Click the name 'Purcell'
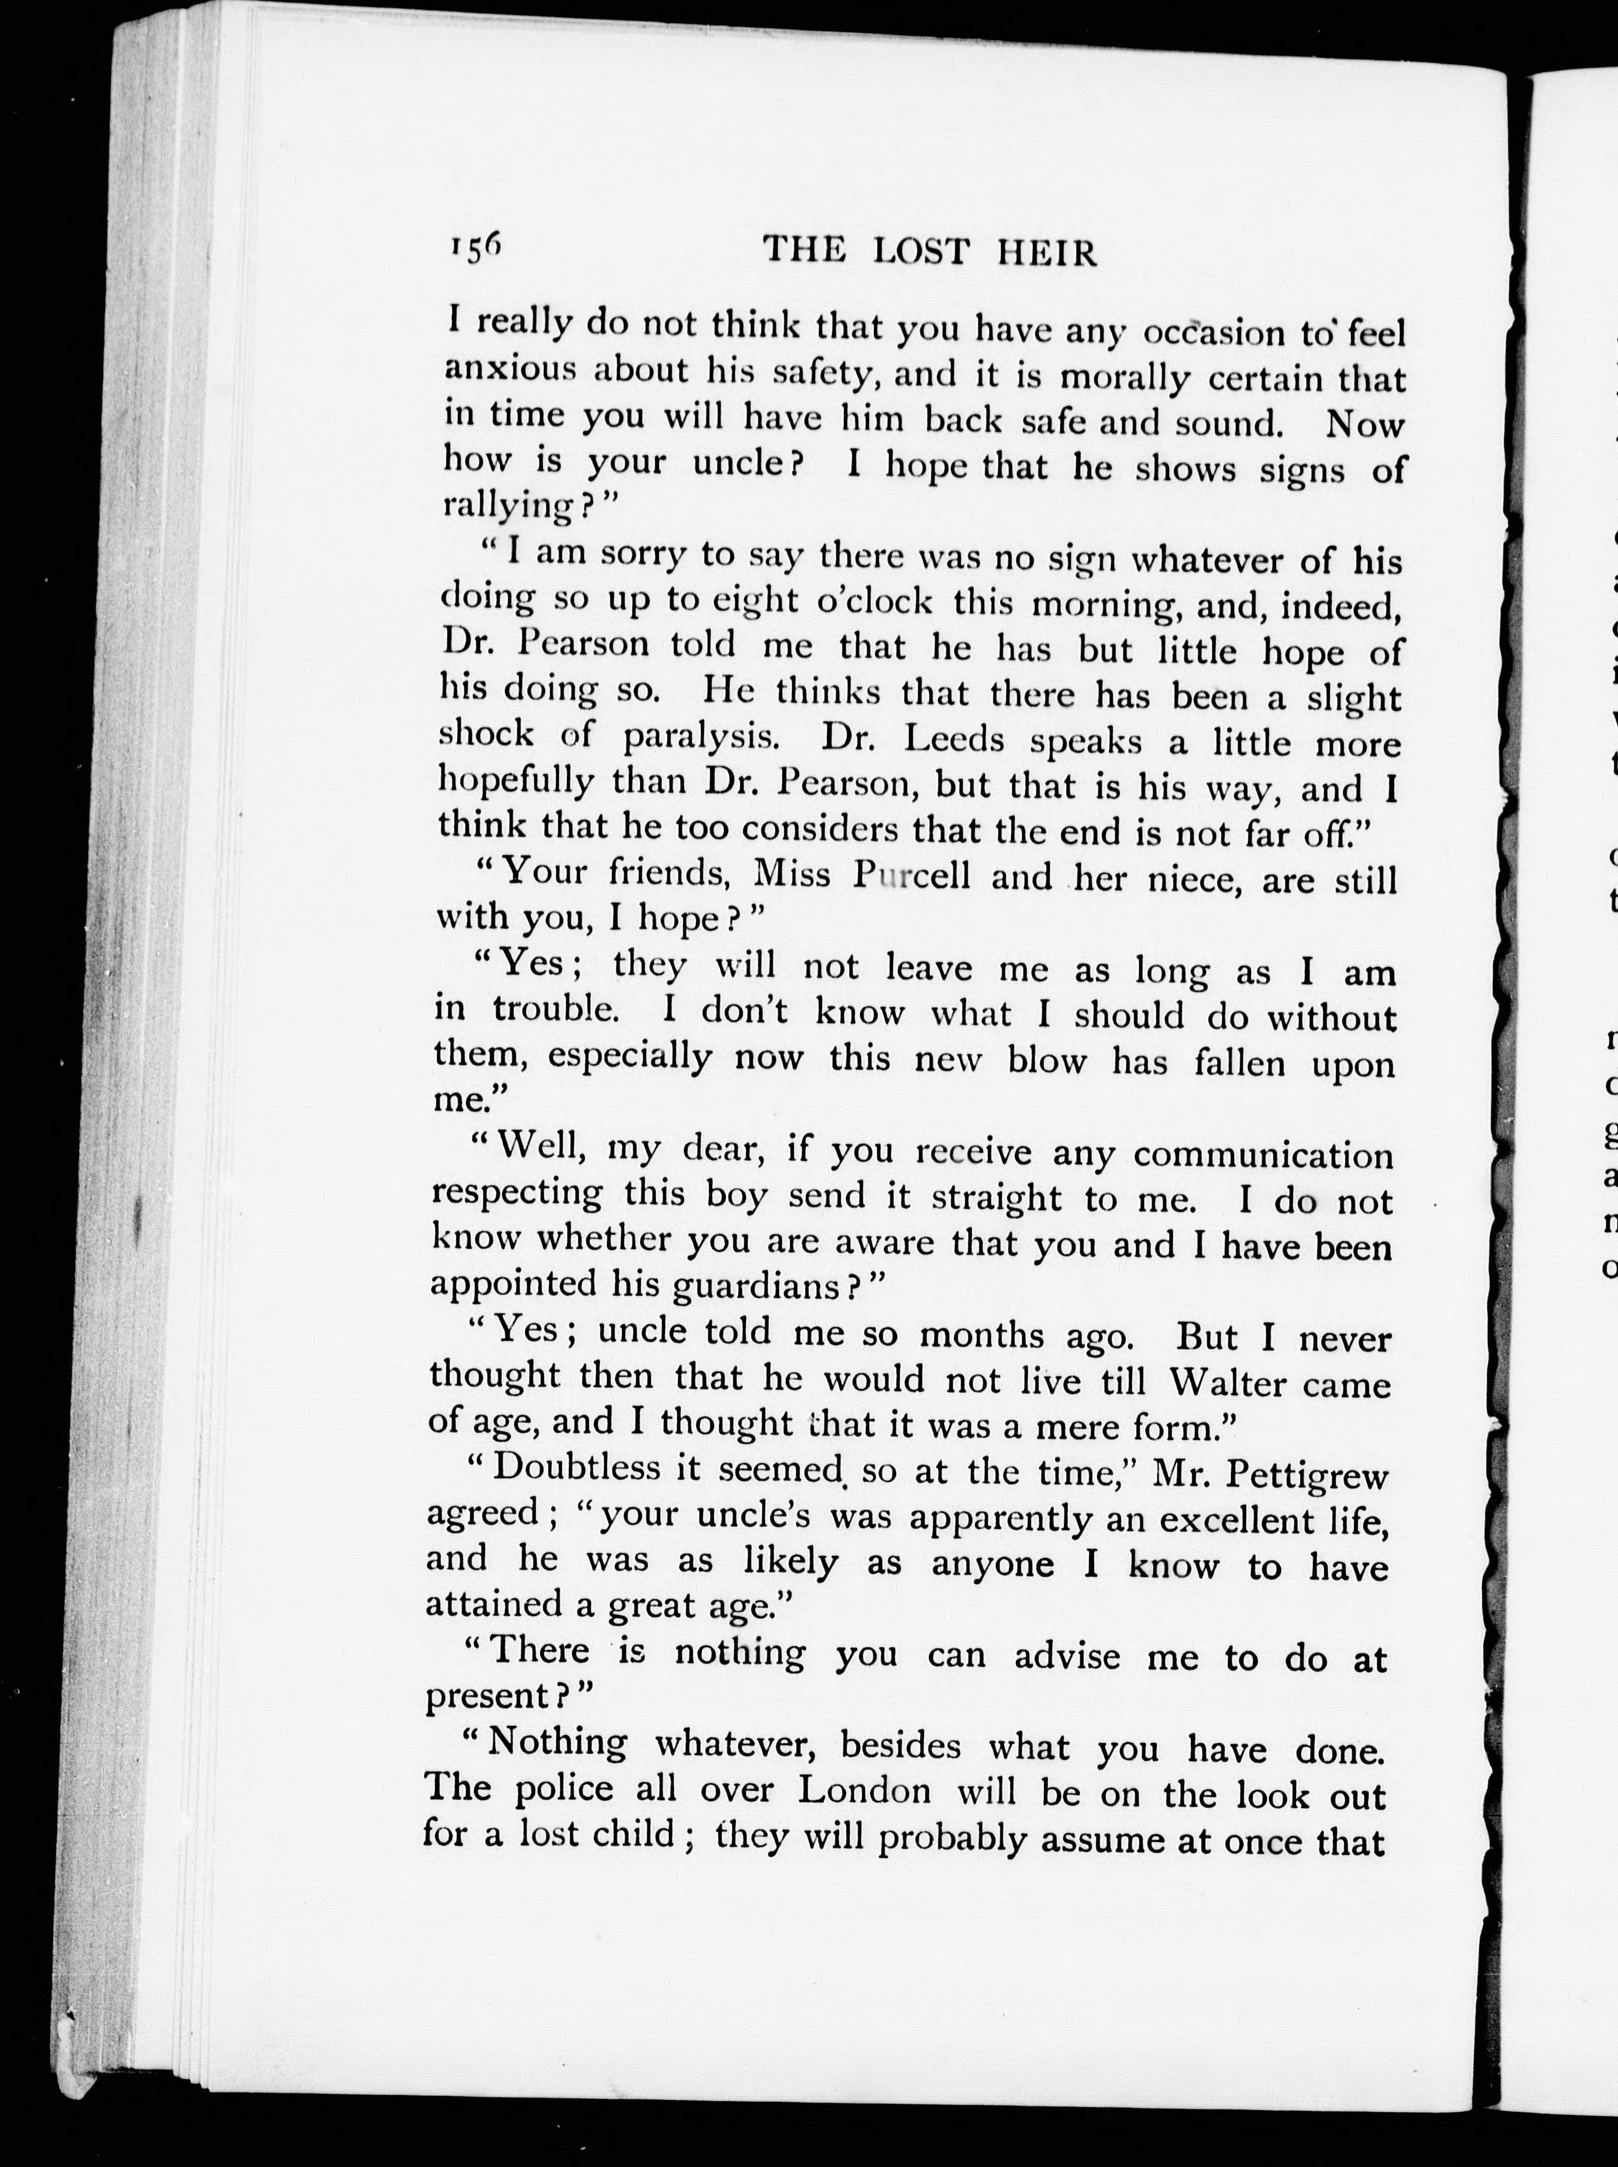tap(912, 875)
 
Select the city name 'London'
tap(864, 1791)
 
